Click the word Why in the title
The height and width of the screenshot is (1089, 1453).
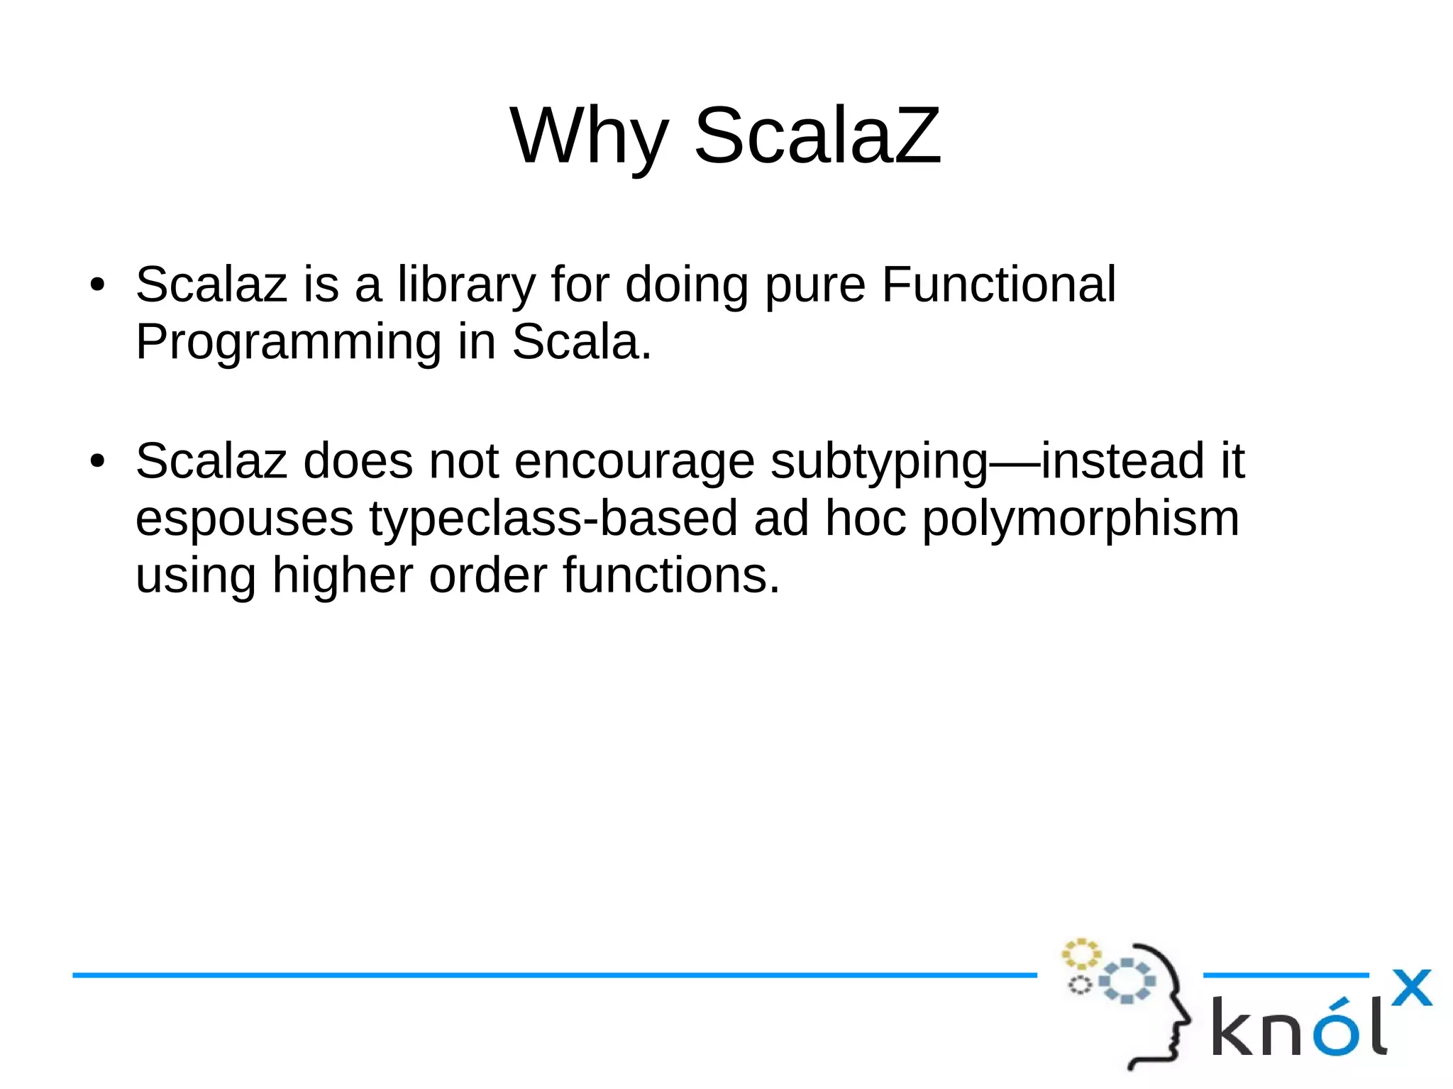pyautogui.click(x=589, y=136)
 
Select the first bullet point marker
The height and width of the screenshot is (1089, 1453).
pyautogui.click(x=97, y=285)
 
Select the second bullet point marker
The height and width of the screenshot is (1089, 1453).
pyautogui.click(x=97, y=462)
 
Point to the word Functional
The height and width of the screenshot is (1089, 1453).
pyautogui.click(x=998, y=285)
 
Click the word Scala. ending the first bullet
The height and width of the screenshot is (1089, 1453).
pyautogui.click(x=581, y=342)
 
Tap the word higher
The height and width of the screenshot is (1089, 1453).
pyautogui.click(x=342, y=576)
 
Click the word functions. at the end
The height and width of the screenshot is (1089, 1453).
pyautogui.click(x=671, y=576)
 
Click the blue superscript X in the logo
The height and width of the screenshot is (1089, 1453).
pyautogui.click(x=1411, y=988)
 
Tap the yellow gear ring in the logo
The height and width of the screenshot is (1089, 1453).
pyautogui.click(x=1081, y=953)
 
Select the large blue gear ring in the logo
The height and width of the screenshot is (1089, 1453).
pyautogui.click(x=1127, y=981)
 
